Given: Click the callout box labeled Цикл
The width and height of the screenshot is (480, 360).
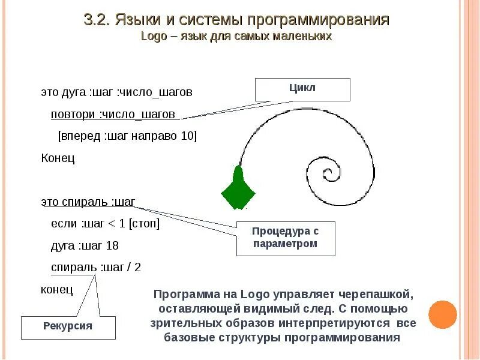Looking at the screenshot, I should [x=302, y=89].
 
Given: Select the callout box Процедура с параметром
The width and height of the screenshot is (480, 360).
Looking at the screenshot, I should [x=285, y=238].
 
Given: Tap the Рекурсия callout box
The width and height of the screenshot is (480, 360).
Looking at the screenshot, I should [x=68, y=326].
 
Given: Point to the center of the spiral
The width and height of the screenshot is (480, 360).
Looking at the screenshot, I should [x=328, y=175].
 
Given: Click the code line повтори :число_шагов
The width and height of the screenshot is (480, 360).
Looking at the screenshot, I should [x=113, y=114].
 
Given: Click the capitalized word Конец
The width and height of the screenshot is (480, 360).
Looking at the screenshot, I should [x=58, y=158].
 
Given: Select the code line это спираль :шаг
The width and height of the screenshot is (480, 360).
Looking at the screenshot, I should [x=88, y=202].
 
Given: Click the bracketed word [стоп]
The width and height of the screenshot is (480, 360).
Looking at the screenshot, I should [x=145, y=224].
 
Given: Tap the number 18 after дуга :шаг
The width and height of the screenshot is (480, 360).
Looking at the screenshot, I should [x=112, y=245].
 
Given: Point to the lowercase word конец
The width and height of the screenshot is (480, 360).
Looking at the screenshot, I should [x=57, y=289].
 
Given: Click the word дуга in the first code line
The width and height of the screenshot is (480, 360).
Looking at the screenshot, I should [x=75, y=92].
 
